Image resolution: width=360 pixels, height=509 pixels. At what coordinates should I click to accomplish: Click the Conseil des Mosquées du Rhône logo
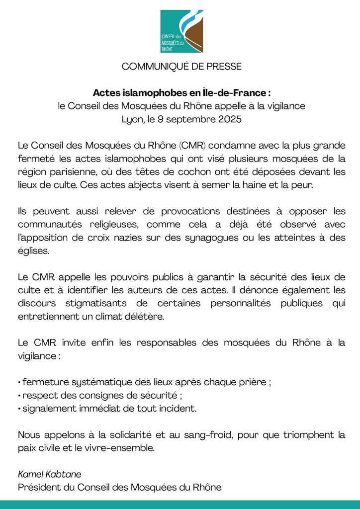pos(182,31)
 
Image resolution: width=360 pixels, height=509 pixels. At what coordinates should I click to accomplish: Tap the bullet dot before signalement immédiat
pos(19,409)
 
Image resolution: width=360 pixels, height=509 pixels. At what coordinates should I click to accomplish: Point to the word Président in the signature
pos(38,487)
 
